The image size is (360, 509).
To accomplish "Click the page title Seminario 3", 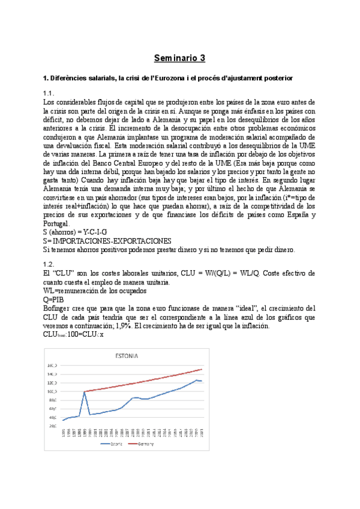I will (179, 58).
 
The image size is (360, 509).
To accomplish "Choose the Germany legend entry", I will (145, 444).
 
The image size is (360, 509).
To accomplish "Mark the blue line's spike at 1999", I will (85, 391).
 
